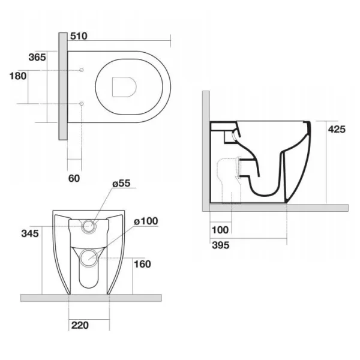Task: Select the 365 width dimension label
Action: pos(37,57)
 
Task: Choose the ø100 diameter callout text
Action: pos(145,221)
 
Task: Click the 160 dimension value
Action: pos(142,264)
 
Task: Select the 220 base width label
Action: pos(80,326)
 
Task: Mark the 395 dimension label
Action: pos(221,244)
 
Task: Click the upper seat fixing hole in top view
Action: pos(81,71)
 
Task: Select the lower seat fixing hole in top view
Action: pos(81,104)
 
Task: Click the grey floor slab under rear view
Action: pos(90,298)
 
